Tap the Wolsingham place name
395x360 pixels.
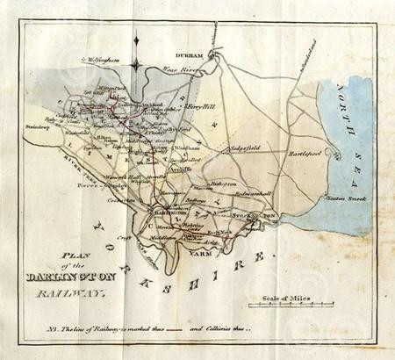tap(98, 60)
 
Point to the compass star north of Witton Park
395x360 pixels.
tap(137, 63)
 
